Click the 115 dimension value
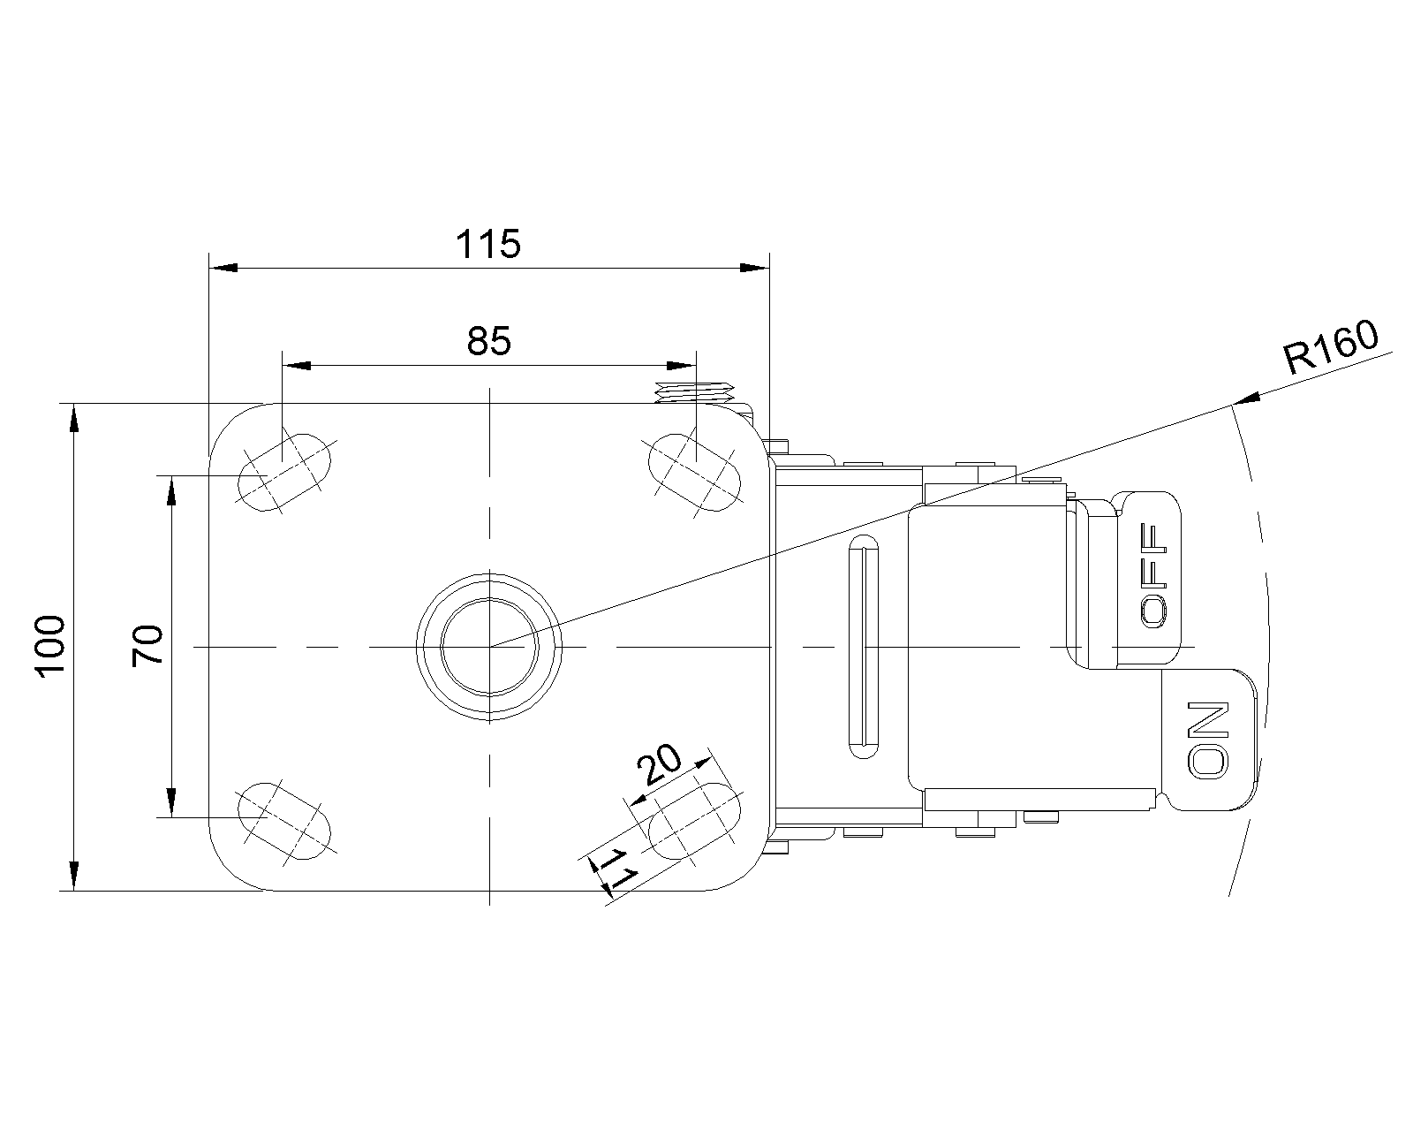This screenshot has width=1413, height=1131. pos(487,244)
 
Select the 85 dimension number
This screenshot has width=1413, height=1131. pos(488,342)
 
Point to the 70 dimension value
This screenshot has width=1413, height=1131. pos(147,645)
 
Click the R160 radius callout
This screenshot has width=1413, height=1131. pos(1330,347)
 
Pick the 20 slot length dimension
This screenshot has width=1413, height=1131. pos(660,764)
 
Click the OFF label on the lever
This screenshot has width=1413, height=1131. pos(1153,575)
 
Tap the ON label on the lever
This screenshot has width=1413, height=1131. pos(1207,740)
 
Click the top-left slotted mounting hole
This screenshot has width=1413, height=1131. pos(284,472)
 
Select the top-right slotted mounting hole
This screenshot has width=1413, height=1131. pos(694,472)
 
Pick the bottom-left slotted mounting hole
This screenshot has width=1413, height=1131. pos(284,821)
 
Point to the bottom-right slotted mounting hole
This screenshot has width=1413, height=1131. pos(694,821)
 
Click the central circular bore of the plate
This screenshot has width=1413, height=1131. pos(489,647)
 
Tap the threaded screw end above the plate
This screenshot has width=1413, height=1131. pos(695,392)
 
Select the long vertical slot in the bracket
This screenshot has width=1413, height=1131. pos(864,647)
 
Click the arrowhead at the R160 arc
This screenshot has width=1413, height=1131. pos(1245,399)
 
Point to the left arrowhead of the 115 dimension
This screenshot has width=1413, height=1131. pos(223,268)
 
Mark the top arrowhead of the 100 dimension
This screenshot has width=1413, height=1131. pos(73,418)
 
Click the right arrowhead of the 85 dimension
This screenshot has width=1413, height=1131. pos(682,366)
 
